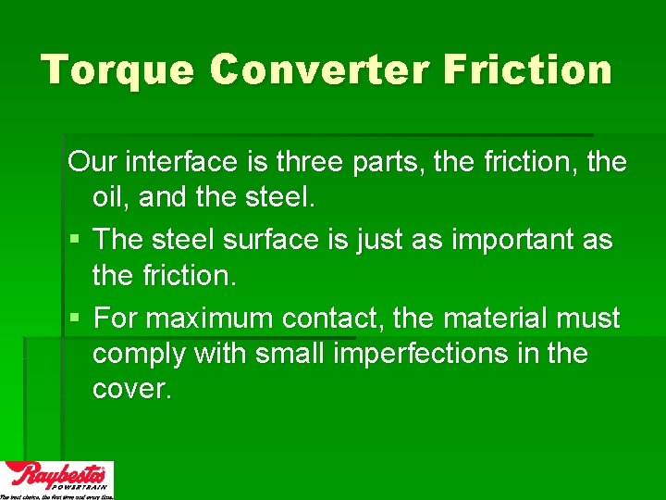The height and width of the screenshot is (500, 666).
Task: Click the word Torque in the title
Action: click(116, 69)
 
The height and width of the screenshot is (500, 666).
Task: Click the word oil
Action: click(111, 198)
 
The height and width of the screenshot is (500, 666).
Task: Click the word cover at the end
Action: click(130, 389)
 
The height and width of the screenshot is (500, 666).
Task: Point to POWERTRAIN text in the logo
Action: click(82, 485)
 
